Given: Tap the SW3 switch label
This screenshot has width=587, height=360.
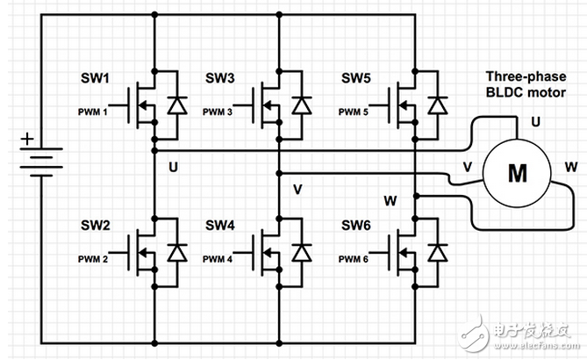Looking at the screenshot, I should click(x=219, y=79).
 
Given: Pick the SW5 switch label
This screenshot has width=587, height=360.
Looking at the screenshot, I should click(x=357, y=79).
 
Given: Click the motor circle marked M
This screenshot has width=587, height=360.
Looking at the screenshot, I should click(x=519, y=173).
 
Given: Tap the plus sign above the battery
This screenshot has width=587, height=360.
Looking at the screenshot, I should click(x=28, y=139).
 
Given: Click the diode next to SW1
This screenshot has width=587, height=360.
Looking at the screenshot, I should click(x=178, y=106).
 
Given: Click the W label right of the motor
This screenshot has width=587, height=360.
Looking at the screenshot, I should click(x=571, y=164).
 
